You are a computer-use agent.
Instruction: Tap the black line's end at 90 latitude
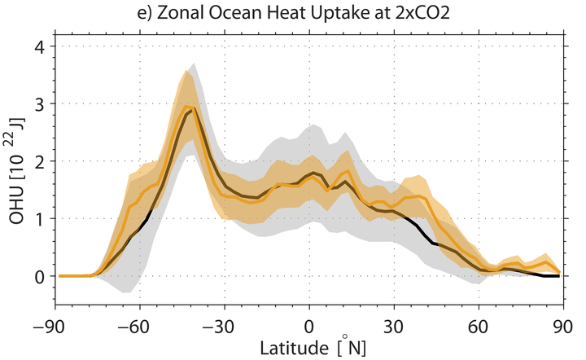tap(559, 276)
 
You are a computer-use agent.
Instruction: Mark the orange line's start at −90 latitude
tap(60, 276)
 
